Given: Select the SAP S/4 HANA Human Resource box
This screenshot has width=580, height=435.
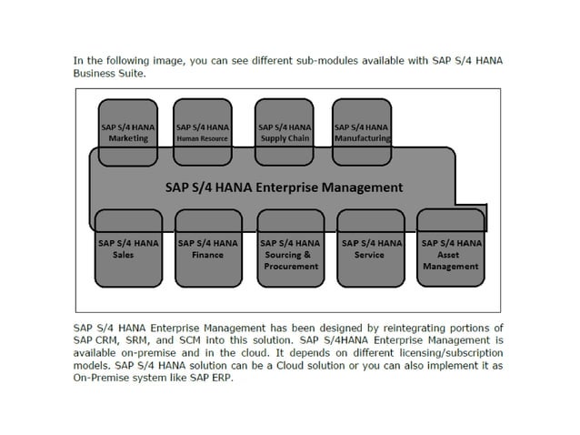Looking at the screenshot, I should point(203,133).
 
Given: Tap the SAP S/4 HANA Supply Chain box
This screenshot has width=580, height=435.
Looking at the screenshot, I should point(285,133).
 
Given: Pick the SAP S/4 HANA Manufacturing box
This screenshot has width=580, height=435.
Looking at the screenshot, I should point(362,133).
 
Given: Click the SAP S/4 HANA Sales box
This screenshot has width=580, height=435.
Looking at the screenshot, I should point(128,248).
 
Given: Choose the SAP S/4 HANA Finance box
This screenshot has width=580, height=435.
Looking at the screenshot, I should point(208,248).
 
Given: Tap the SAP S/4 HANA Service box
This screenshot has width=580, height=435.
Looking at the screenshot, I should point(370,248).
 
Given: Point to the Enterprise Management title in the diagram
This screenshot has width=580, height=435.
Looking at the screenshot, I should point(283,188).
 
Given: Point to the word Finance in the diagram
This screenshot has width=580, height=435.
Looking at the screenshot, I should point(208,255).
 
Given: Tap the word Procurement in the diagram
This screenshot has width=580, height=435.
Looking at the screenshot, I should point(290,267).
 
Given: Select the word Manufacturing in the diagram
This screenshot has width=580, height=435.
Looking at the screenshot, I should point(362,139).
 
